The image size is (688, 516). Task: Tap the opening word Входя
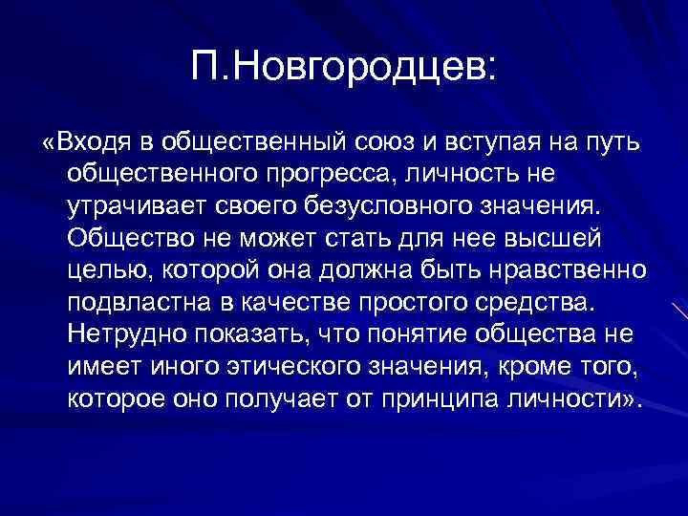coord(96,142)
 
